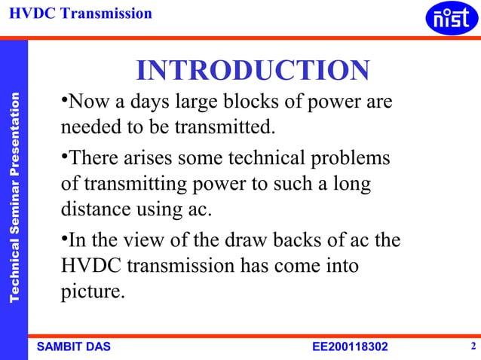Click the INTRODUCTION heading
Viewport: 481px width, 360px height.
pos(253,71)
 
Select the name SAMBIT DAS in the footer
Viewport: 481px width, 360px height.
pos(73,346)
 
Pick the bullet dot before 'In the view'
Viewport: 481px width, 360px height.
pos(64,239)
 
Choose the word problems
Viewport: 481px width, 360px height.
pos(354,159)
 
